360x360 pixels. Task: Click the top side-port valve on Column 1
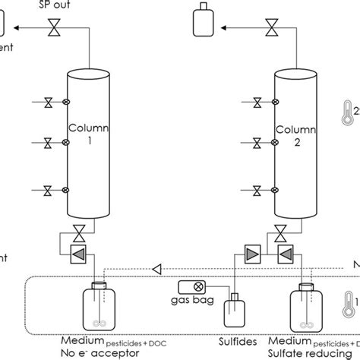[x=47, y=102]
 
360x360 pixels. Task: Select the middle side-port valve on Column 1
[x=47, y=142]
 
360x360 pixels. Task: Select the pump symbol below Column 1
[x=76, y=252]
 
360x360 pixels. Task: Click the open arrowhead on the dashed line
[x=156, y=267]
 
